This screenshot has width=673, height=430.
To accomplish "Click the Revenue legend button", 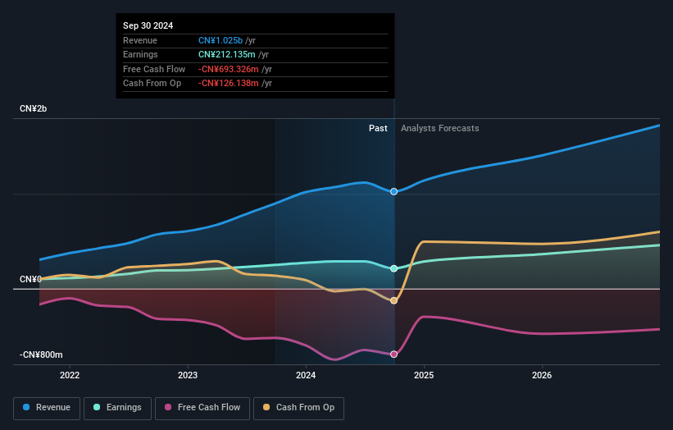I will [46, 408].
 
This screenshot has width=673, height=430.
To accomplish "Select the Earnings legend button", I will [117, 408].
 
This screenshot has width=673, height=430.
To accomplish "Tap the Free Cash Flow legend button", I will [202, 408].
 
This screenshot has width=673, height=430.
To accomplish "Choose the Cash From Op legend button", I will [298, 408].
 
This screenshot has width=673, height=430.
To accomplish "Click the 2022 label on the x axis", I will [70, 376].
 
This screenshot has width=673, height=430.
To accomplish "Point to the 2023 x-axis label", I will [188, 376].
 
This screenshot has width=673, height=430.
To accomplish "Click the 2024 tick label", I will [306, 376].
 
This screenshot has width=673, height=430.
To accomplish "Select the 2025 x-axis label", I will [424, 376].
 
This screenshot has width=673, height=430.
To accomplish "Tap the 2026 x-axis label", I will [542, 376].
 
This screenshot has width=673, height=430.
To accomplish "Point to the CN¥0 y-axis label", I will [31, 280].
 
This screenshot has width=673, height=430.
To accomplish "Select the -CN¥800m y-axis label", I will [42, 355].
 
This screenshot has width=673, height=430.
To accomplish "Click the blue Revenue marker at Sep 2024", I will [394, 191].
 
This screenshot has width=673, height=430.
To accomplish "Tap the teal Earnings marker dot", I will [394, 268].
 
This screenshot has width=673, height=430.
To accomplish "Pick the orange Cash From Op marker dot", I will [394, 300].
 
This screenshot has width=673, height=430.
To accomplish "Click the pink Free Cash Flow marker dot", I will [394, 355].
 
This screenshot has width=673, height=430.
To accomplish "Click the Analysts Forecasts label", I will [439, 128].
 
